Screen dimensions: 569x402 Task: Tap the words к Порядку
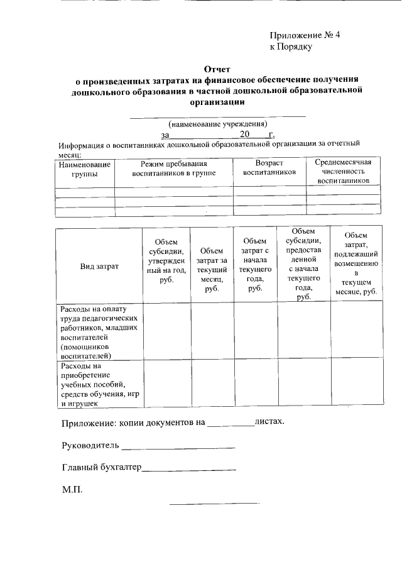click(291, 47)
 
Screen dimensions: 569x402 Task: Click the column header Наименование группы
click(85, 168)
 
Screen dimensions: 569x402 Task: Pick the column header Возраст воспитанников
click(269, 167)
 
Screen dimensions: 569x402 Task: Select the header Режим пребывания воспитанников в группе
click(174, 167)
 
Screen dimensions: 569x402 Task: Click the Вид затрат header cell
click(99, 267)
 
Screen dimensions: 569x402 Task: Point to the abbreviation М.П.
click(72, 489)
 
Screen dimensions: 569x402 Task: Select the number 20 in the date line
click(245, 135)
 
